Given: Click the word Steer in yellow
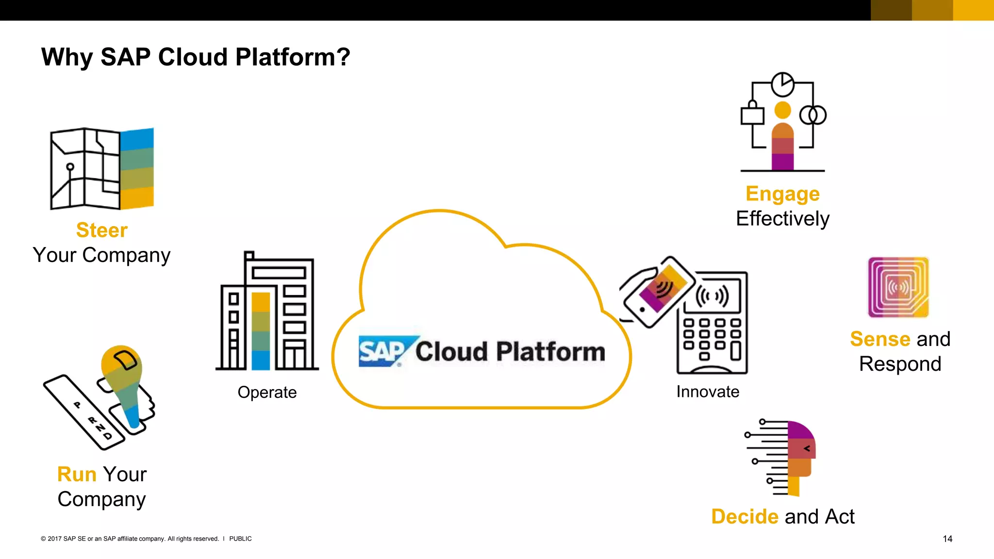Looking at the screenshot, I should click(x=102, y=230).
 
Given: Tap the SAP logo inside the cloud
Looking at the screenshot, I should click(x=382, y=351).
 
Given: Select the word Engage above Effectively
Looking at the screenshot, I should click(x=782, y=194).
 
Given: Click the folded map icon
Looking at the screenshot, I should click(x=102, y=168).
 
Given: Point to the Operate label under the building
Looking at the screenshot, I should click(x=267, y=392).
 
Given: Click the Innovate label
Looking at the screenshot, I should click(x=708, y=392).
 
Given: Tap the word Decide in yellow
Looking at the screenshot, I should click(x=745, y=516).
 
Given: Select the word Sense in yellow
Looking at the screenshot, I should click(x=880, y=339).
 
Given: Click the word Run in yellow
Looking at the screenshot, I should click(x=77, y=474).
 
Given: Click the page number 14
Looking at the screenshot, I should click(x=947, y=539).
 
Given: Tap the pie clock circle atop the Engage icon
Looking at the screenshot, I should click(x=782, y=84).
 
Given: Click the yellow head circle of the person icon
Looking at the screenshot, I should click(x=782, y=110).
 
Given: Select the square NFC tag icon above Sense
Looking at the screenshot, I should click(x=898, y=287).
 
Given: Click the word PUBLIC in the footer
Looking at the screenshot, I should click(x=240, y=539).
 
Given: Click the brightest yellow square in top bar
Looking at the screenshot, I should click(x=973, y=10).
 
